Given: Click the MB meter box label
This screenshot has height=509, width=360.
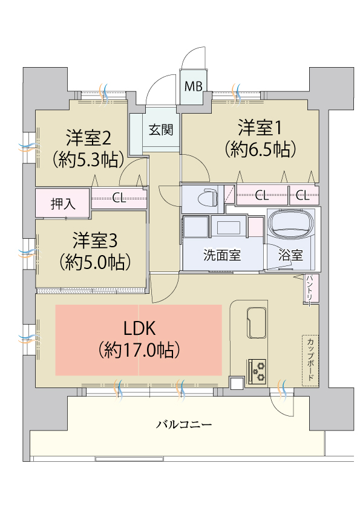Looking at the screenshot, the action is coord(194,86).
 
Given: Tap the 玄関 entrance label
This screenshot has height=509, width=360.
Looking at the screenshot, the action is coord(161,130).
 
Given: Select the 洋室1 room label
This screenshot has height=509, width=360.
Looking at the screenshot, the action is coord(260,128).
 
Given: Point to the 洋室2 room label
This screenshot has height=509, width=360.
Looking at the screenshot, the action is coord(89,138).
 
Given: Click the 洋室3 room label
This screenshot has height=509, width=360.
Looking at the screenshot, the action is coord(95,240).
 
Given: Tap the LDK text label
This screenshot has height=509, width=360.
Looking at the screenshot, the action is coord(140,328).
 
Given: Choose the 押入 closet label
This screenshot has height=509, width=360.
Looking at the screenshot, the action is coord(63,204).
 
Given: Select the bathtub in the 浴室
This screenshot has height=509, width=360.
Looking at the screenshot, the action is coord(292,224).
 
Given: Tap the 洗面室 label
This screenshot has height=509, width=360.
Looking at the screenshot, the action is coord(222,255).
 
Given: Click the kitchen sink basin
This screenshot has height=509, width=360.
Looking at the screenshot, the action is coord(257,322).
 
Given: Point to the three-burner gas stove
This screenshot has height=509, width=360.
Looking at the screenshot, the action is coord(257,371).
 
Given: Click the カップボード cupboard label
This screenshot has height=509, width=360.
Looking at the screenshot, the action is coord(310,360).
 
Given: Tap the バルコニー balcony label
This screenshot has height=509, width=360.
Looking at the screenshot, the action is coord(184,424).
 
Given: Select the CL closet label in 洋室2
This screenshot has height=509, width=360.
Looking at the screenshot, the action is coord(119,198).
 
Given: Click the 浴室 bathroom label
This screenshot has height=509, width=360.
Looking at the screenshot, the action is coord(291,255).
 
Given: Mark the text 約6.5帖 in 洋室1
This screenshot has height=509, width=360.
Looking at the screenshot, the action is coord(261,149).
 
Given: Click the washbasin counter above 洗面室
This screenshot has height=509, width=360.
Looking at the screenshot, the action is coord(229,227).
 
